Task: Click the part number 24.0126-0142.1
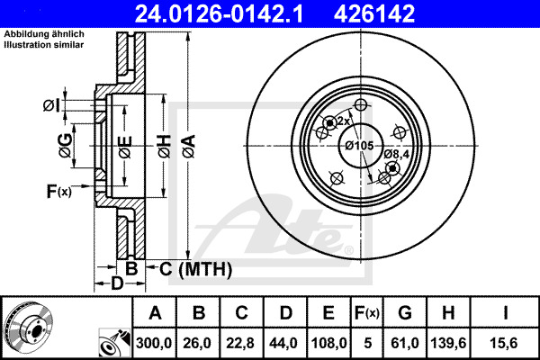[x=219, y=13]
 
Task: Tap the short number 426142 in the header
[x=374, y=13]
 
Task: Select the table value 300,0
[x=154, y=343]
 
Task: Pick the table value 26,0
[x=197, y=343]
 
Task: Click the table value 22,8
[x=240, y=343]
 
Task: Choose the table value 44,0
[x=283, y=343]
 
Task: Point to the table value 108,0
[x=328, y=343]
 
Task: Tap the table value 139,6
[x=448, y=343]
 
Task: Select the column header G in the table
[x=405, y=313]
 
